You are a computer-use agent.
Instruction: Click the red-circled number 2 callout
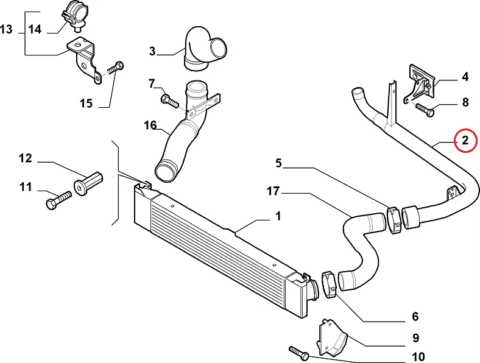click(465, 141)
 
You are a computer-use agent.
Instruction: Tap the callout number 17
click(273, 191)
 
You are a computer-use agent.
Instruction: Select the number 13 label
click(7, 29)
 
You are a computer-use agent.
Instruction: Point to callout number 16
click(150, 125)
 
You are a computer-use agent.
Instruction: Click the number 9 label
click(415, 338)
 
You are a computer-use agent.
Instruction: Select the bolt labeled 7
click(169, 101)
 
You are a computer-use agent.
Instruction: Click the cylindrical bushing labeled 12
click(88, 184)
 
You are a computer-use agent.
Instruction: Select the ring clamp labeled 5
click(394, 220)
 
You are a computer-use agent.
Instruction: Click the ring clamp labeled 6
click(329, 285)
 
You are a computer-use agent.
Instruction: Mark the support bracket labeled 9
click(333, 339)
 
